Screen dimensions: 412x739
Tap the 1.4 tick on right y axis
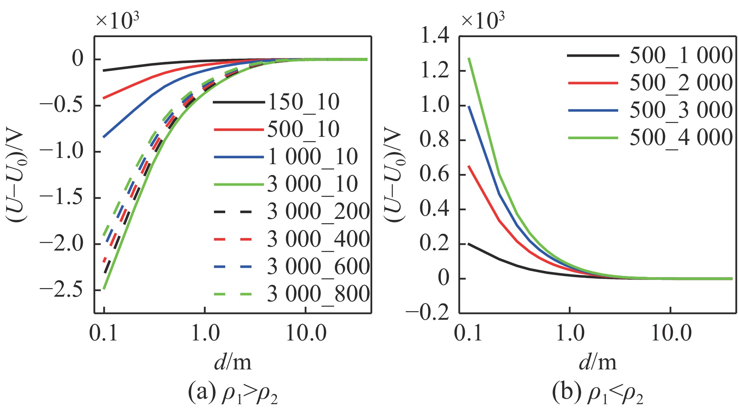(x=434, y=37)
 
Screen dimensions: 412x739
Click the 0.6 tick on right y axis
(x=434, y=174)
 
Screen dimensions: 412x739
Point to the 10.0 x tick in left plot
(x=306, y=333)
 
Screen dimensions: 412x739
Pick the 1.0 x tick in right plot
(x=570, y=333)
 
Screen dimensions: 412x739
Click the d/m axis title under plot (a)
(x=233, y=362)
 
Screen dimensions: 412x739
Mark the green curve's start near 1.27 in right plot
(x=469, y=59)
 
